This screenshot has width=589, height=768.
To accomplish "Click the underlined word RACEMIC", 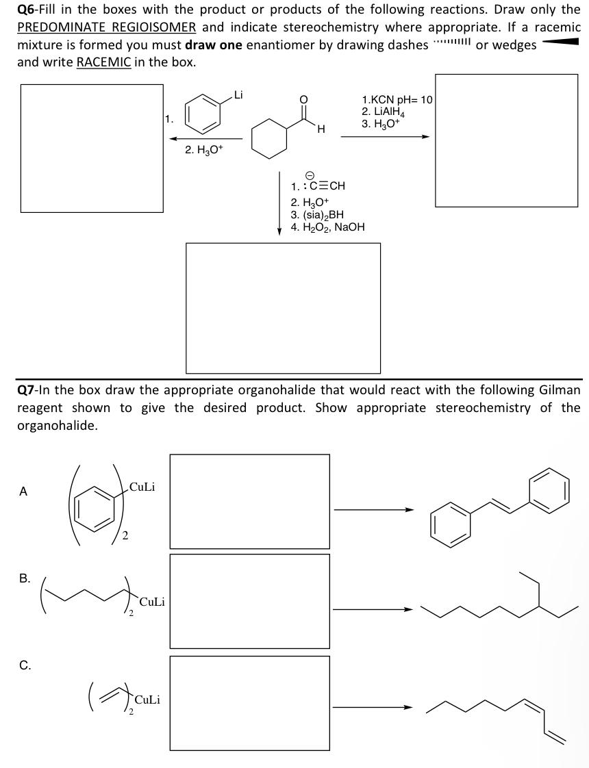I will (103, 62).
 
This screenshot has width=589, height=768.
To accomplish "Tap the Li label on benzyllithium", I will (238, 94).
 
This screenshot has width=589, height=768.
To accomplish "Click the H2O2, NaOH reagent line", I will (327, 227).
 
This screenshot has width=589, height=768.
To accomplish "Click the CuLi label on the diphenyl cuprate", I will (142, 487).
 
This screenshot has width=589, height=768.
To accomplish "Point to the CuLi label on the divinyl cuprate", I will (148, 700).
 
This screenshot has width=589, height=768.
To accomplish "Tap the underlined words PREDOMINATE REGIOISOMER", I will (107, 28).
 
